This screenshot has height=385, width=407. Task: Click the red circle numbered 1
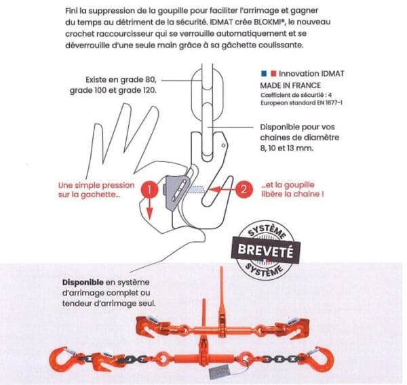coord(149,189)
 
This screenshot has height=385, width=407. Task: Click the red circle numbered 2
coord(244,189)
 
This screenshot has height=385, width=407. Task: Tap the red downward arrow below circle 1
coord(149,208)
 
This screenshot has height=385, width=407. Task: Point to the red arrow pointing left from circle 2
coord(222,190)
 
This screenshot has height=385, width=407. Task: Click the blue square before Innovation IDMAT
coord(264,74)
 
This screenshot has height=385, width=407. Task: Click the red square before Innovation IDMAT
coord(273,74)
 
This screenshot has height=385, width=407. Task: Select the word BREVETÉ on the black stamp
coord(265,250)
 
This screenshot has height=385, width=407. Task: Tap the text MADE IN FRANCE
coord(290,85)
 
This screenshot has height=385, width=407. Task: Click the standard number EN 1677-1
coord(330,103)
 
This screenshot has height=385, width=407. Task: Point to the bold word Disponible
coord(83,282)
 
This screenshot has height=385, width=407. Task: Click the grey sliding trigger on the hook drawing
coord(176,191)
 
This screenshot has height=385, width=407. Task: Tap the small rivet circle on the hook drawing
coord(223,146)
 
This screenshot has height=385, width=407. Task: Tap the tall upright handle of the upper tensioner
coord(221,291)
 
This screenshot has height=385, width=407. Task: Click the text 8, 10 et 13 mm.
coord(286,148)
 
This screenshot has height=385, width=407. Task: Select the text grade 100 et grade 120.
coord(113,91)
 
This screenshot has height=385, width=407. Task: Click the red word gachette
coord(98,195)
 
